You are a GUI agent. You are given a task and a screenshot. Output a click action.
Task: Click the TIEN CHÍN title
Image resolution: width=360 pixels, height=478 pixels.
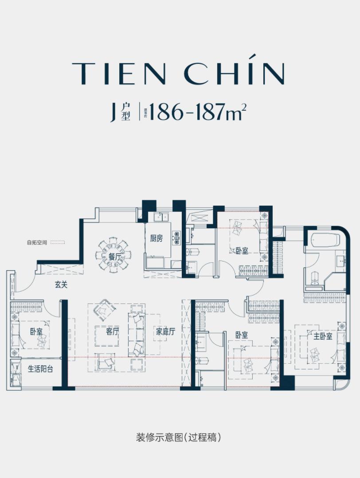[178, 73]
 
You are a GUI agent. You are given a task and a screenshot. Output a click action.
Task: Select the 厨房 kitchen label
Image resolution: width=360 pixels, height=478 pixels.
[156, 239]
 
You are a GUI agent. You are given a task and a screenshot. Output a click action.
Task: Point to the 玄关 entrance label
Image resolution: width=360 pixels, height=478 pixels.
[61, 285]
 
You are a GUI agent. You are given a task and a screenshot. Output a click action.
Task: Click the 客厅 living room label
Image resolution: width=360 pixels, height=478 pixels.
[113, 331]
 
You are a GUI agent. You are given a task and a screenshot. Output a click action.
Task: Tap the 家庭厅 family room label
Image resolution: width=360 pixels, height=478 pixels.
[165, 331]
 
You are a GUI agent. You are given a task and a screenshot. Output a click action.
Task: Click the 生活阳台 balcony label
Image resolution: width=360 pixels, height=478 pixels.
[40, 369]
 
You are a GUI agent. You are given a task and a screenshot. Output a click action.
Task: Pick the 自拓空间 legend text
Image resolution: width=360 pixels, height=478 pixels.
[36, 243]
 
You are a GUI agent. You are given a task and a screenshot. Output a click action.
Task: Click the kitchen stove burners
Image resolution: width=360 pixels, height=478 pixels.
[177, 238]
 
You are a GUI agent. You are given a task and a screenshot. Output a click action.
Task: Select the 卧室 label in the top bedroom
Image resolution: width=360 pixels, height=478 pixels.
[242, 251]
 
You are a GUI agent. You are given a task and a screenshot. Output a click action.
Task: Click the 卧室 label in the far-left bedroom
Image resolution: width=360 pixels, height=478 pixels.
[36, 331]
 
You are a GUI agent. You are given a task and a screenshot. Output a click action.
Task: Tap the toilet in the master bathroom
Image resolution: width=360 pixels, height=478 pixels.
[314, 277]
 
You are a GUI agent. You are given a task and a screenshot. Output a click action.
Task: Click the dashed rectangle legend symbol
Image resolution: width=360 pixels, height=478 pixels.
[58, 243]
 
